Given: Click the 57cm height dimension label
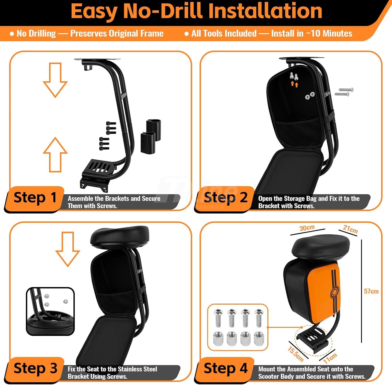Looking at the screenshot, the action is coord(371,291).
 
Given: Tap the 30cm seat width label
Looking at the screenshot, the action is coord(307,228).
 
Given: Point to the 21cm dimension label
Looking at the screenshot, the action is coord(350,229).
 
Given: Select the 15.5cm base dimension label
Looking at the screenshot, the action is coord(296,354).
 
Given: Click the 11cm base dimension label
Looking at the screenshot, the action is coord(330,358).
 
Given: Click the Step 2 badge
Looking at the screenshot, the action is coord(225,198).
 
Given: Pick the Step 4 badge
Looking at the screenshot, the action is coord(225,369).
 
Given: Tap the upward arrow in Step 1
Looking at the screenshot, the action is coord(55,155).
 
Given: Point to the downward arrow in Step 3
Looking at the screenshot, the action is coord(68,249).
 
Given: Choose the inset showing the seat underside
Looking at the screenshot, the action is coord(50,311).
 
